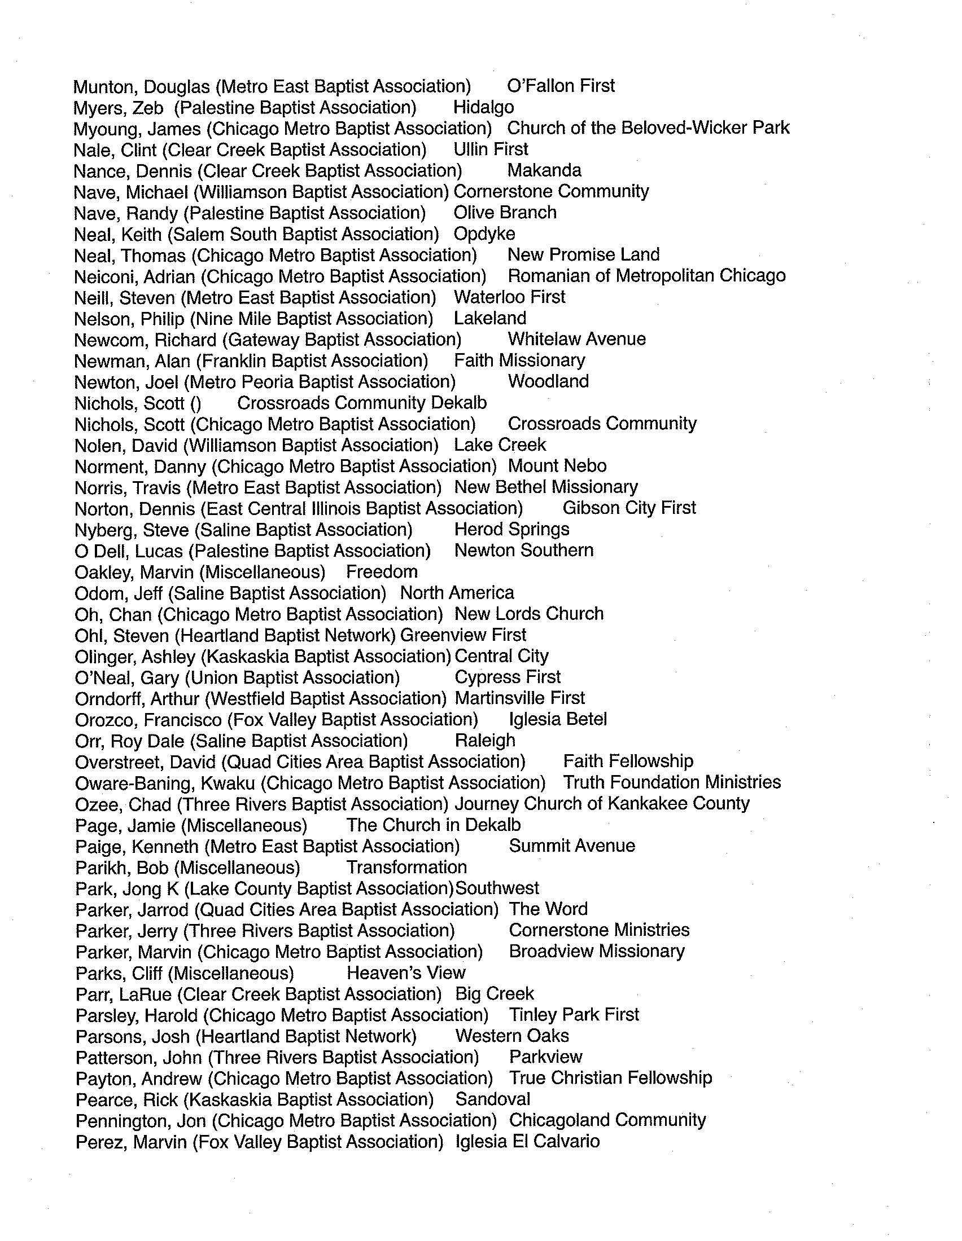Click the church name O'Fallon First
(561, 86)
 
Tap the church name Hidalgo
(483, 107)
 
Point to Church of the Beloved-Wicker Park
(648, 128)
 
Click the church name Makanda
(544, 170)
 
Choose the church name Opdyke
(484, 234)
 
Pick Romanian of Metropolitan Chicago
(646, 276)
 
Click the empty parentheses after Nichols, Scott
(195, 403)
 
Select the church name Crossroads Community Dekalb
(362, 403)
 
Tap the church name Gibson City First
(629, 508)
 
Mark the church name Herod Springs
(511, 530)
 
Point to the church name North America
(457, 593)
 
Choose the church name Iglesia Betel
(558, 720)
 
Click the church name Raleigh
(485, 741)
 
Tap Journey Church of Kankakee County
(602, 804)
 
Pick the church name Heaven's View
(406, 973)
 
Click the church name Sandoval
(492, 1099)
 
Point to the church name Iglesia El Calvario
(527, 1142)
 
